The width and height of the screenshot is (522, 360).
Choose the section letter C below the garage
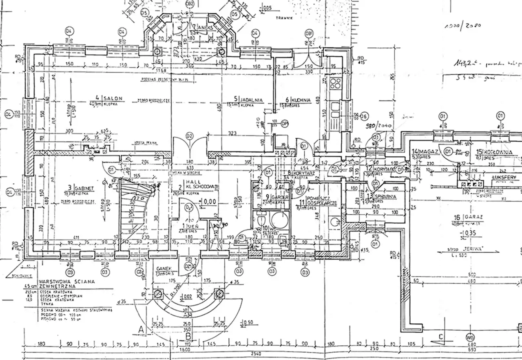441,336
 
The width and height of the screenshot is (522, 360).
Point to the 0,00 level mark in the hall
209,201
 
